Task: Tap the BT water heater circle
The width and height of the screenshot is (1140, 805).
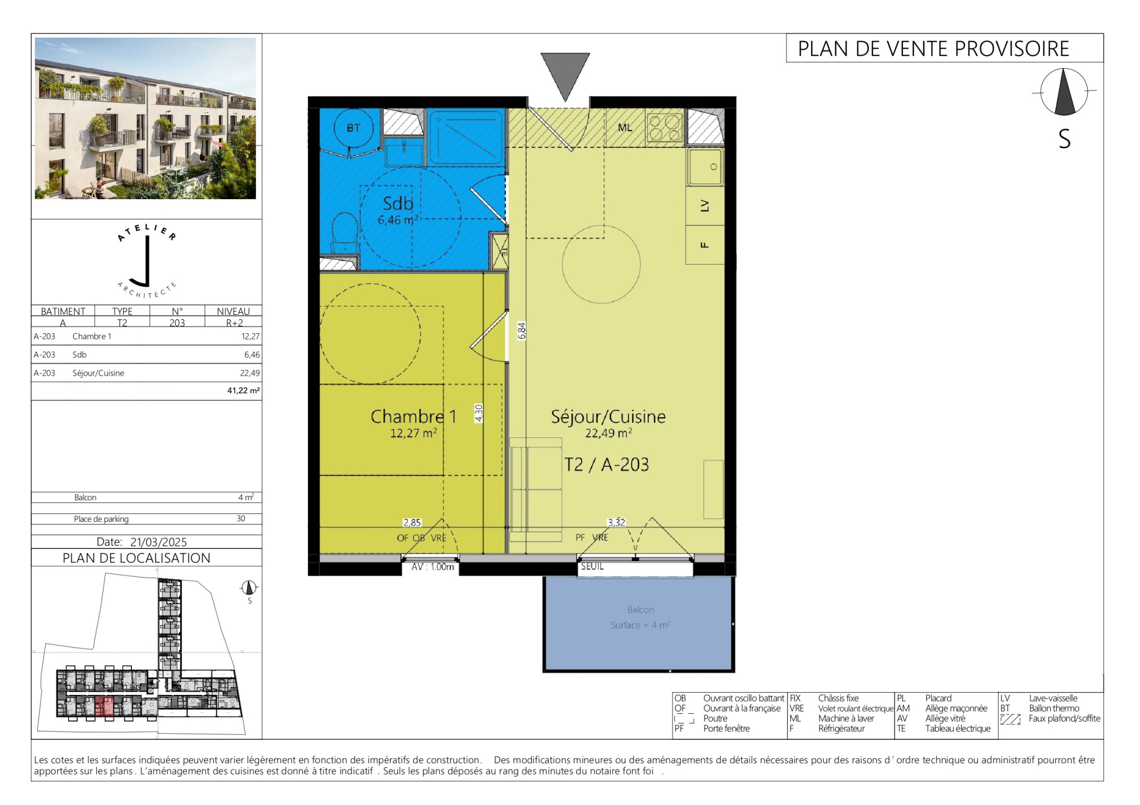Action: point(353,128)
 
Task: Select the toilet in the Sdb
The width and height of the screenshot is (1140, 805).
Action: point(345,234)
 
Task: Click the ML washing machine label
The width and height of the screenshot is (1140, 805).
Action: point(625,127)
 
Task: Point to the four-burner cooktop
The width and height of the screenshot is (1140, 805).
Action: point(665,128)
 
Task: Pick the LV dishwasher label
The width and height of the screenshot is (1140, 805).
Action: point(705,205)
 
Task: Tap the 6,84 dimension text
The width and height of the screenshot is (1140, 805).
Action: point(522,331)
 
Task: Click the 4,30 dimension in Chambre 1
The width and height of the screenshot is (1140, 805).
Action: point(479,413)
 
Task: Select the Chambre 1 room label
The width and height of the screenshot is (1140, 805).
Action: point(413,416)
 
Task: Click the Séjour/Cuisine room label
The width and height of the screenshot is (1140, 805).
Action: point(608,417)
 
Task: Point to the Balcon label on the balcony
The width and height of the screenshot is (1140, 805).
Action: point(641,610)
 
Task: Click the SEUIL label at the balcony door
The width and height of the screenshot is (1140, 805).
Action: point(592,566)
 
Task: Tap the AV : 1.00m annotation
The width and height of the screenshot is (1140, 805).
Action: point(433,567)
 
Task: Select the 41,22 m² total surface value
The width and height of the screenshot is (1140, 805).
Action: point(243,391)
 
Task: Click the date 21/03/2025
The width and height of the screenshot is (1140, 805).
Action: point(159,542)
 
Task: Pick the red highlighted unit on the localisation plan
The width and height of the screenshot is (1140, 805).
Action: point(104,706)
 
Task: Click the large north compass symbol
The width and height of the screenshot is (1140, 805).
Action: point(1064,92)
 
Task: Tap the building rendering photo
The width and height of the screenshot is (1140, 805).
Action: point(145,118)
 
